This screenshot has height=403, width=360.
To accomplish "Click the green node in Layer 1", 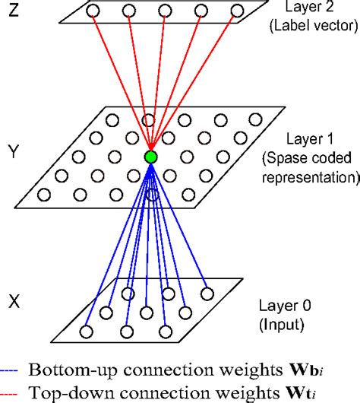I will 150,157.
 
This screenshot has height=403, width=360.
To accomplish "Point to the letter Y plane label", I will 13,143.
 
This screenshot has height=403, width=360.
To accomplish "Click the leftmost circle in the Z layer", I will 93,11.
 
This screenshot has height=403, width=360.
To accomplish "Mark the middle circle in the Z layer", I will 165,11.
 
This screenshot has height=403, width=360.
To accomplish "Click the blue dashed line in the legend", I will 10,371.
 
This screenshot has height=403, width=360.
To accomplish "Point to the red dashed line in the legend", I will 10,392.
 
